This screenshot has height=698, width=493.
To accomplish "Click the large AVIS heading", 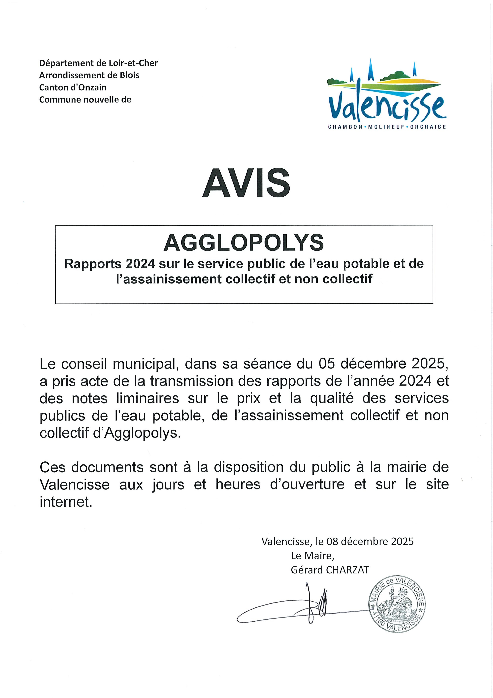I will click(246, 183).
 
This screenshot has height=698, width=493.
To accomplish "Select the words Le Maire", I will click(312, 556).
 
